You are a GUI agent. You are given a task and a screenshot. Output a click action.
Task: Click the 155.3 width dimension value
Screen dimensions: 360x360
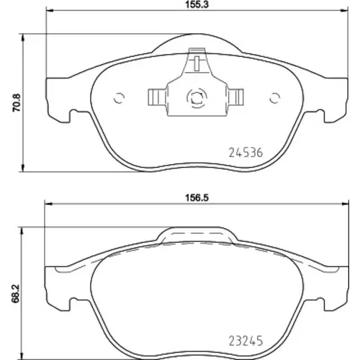(197, 5)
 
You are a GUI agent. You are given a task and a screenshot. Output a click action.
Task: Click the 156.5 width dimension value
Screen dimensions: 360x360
(197, 198)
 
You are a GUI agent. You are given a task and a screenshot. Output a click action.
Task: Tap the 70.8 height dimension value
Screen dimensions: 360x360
(17, 103)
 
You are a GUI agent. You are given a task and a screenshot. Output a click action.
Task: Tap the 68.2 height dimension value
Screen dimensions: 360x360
(16, 294)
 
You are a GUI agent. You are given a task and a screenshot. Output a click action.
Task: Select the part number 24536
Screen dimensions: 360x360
(246, 153)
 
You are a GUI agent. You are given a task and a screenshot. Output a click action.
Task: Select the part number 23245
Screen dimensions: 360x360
(246, 341)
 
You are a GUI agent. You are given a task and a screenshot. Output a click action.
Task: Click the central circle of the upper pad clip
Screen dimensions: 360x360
(197, 98)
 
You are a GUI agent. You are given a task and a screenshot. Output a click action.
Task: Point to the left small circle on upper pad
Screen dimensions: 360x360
(119, 98)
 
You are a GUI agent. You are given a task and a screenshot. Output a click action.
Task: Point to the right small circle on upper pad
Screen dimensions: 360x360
(275, 98)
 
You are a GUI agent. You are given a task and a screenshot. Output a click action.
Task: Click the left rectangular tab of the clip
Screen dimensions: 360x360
(157, 97)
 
